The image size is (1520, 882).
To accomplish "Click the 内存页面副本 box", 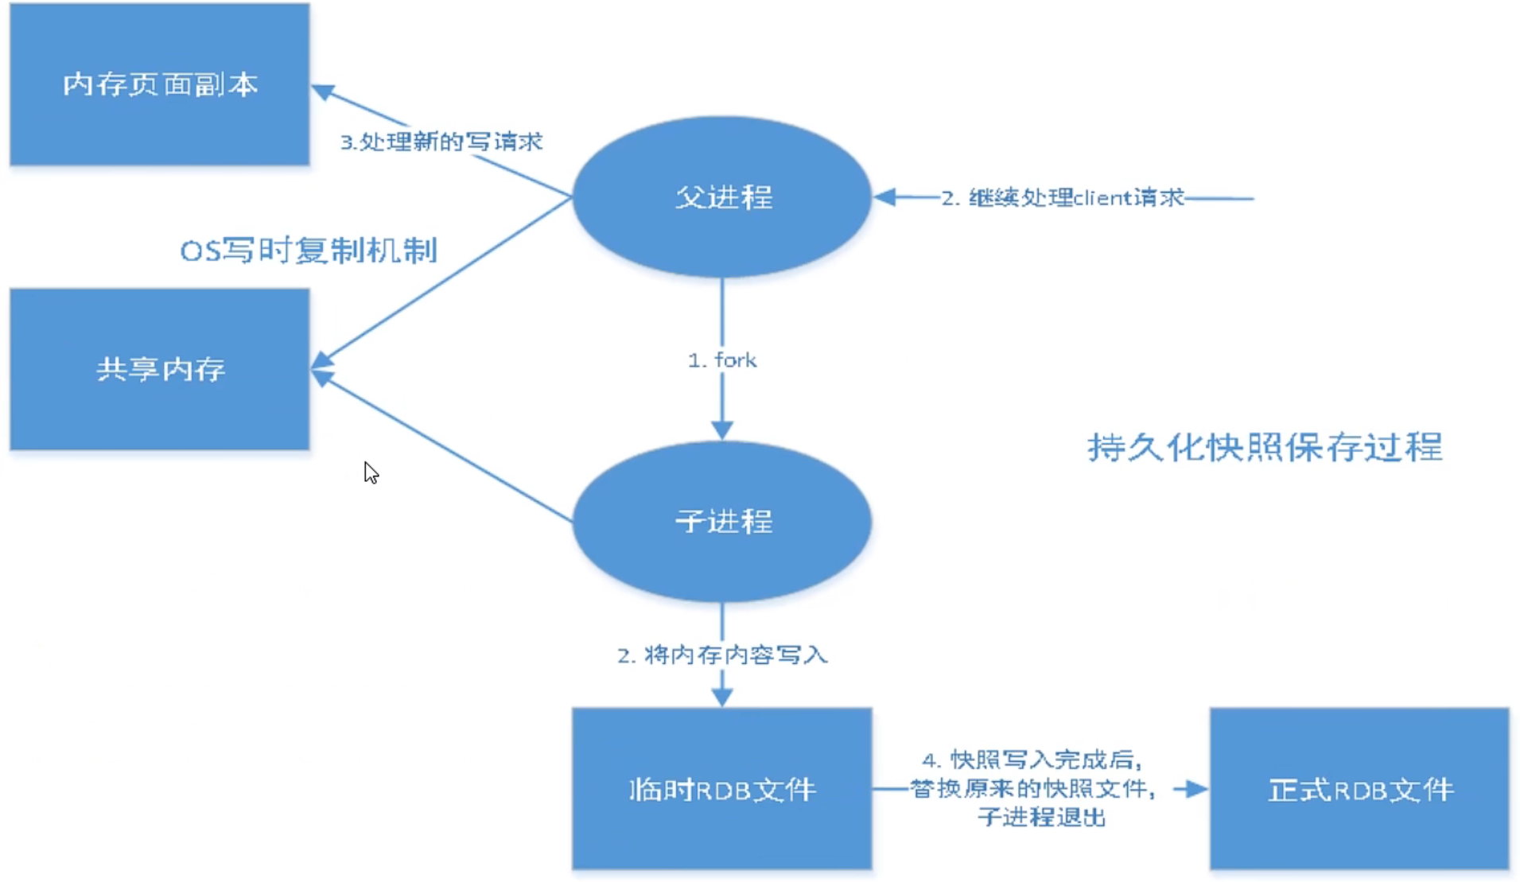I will click(159, 84).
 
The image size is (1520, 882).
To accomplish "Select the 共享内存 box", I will click(159, 369).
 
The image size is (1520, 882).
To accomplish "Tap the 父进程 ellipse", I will click(722, 196).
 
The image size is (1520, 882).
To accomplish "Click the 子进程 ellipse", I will click(722, 521).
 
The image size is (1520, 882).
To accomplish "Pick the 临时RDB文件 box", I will click(721, 789).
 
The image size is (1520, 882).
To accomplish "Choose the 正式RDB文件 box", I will click(1359, 789).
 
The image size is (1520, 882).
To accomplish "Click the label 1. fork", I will click(722, 360).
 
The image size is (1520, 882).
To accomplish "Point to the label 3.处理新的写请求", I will click(441, 142).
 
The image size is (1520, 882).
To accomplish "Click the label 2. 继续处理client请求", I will click(1063, 197).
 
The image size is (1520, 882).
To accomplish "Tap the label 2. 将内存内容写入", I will click(722, 655).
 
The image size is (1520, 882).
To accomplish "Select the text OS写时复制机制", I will click(309, 251).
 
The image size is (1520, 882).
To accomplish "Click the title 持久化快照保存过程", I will click(1265, 447).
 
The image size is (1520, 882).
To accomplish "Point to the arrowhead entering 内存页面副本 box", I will click(322, 91).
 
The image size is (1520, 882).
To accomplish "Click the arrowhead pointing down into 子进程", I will click(722, 430).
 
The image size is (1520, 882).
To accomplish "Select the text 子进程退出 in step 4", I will click(1041, 817).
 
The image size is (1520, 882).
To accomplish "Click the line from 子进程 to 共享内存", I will click(445, 448).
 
